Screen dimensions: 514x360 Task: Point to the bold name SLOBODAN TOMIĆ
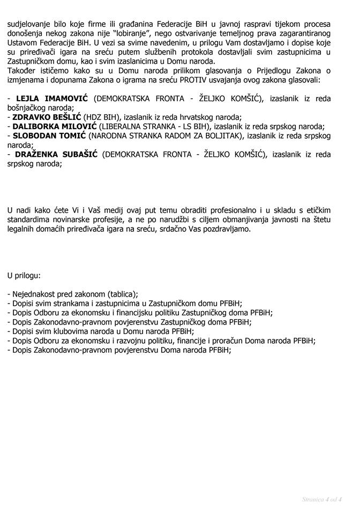pyautogui.click(x=49, y=136)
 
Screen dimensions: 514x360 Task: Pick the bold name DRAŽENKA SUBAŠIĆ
pyautogui.click(x=57, y=155)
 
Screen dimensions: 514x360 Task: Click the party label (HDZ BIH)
pyautogui.click(x=103, y=117)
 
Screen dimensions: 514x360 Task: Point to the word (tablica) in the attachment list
pyautogui.click(x=122, y=294)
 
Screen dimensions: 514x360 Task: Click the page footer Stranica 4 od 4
pyautogui.click(x=321, y=500)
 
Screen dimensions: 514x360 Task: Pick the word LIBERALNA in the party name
pyautogui.click(x=127, y=127)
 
